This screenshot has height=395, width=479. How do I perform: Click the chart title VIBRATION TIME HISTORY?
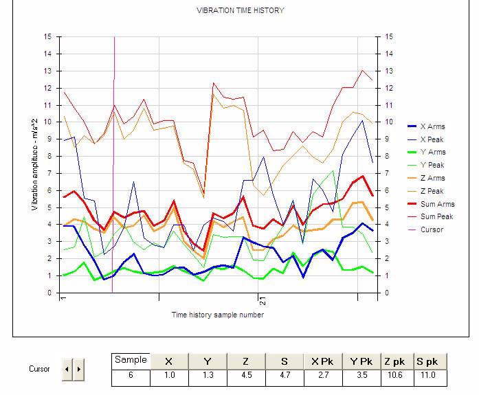click(x=240, y=10)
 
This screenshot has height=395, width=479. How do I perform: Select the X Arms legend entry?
click(x=432, y=126)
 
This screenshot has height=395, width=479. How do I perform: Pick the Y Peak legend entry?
click(x=432, y=165)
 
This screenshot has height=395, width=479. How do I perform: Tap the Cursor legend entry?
click(x=432, y=229)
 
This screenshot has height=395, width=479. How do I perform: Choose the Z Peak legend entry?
click(x=432, y=190)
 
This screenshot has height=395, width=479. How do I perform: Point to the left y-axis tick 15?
click(x=47, y=36)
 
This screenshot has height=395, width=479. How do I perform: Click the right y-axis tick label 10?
click(x=390, y=122)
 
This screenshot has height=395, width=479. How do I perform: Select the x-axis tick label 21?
click(x=262, y=300)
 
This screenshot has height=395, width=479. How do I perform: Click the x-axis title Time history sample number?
click(x=217, y=315)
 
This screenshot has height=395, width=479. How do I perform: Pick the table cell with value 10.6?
click(x=398, y=376)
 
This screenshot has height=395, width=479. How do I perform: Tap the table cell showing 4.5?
click(x=245, y=376)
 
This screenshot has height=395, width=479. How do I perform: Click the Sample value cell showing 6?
click(x=131, y=376)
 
